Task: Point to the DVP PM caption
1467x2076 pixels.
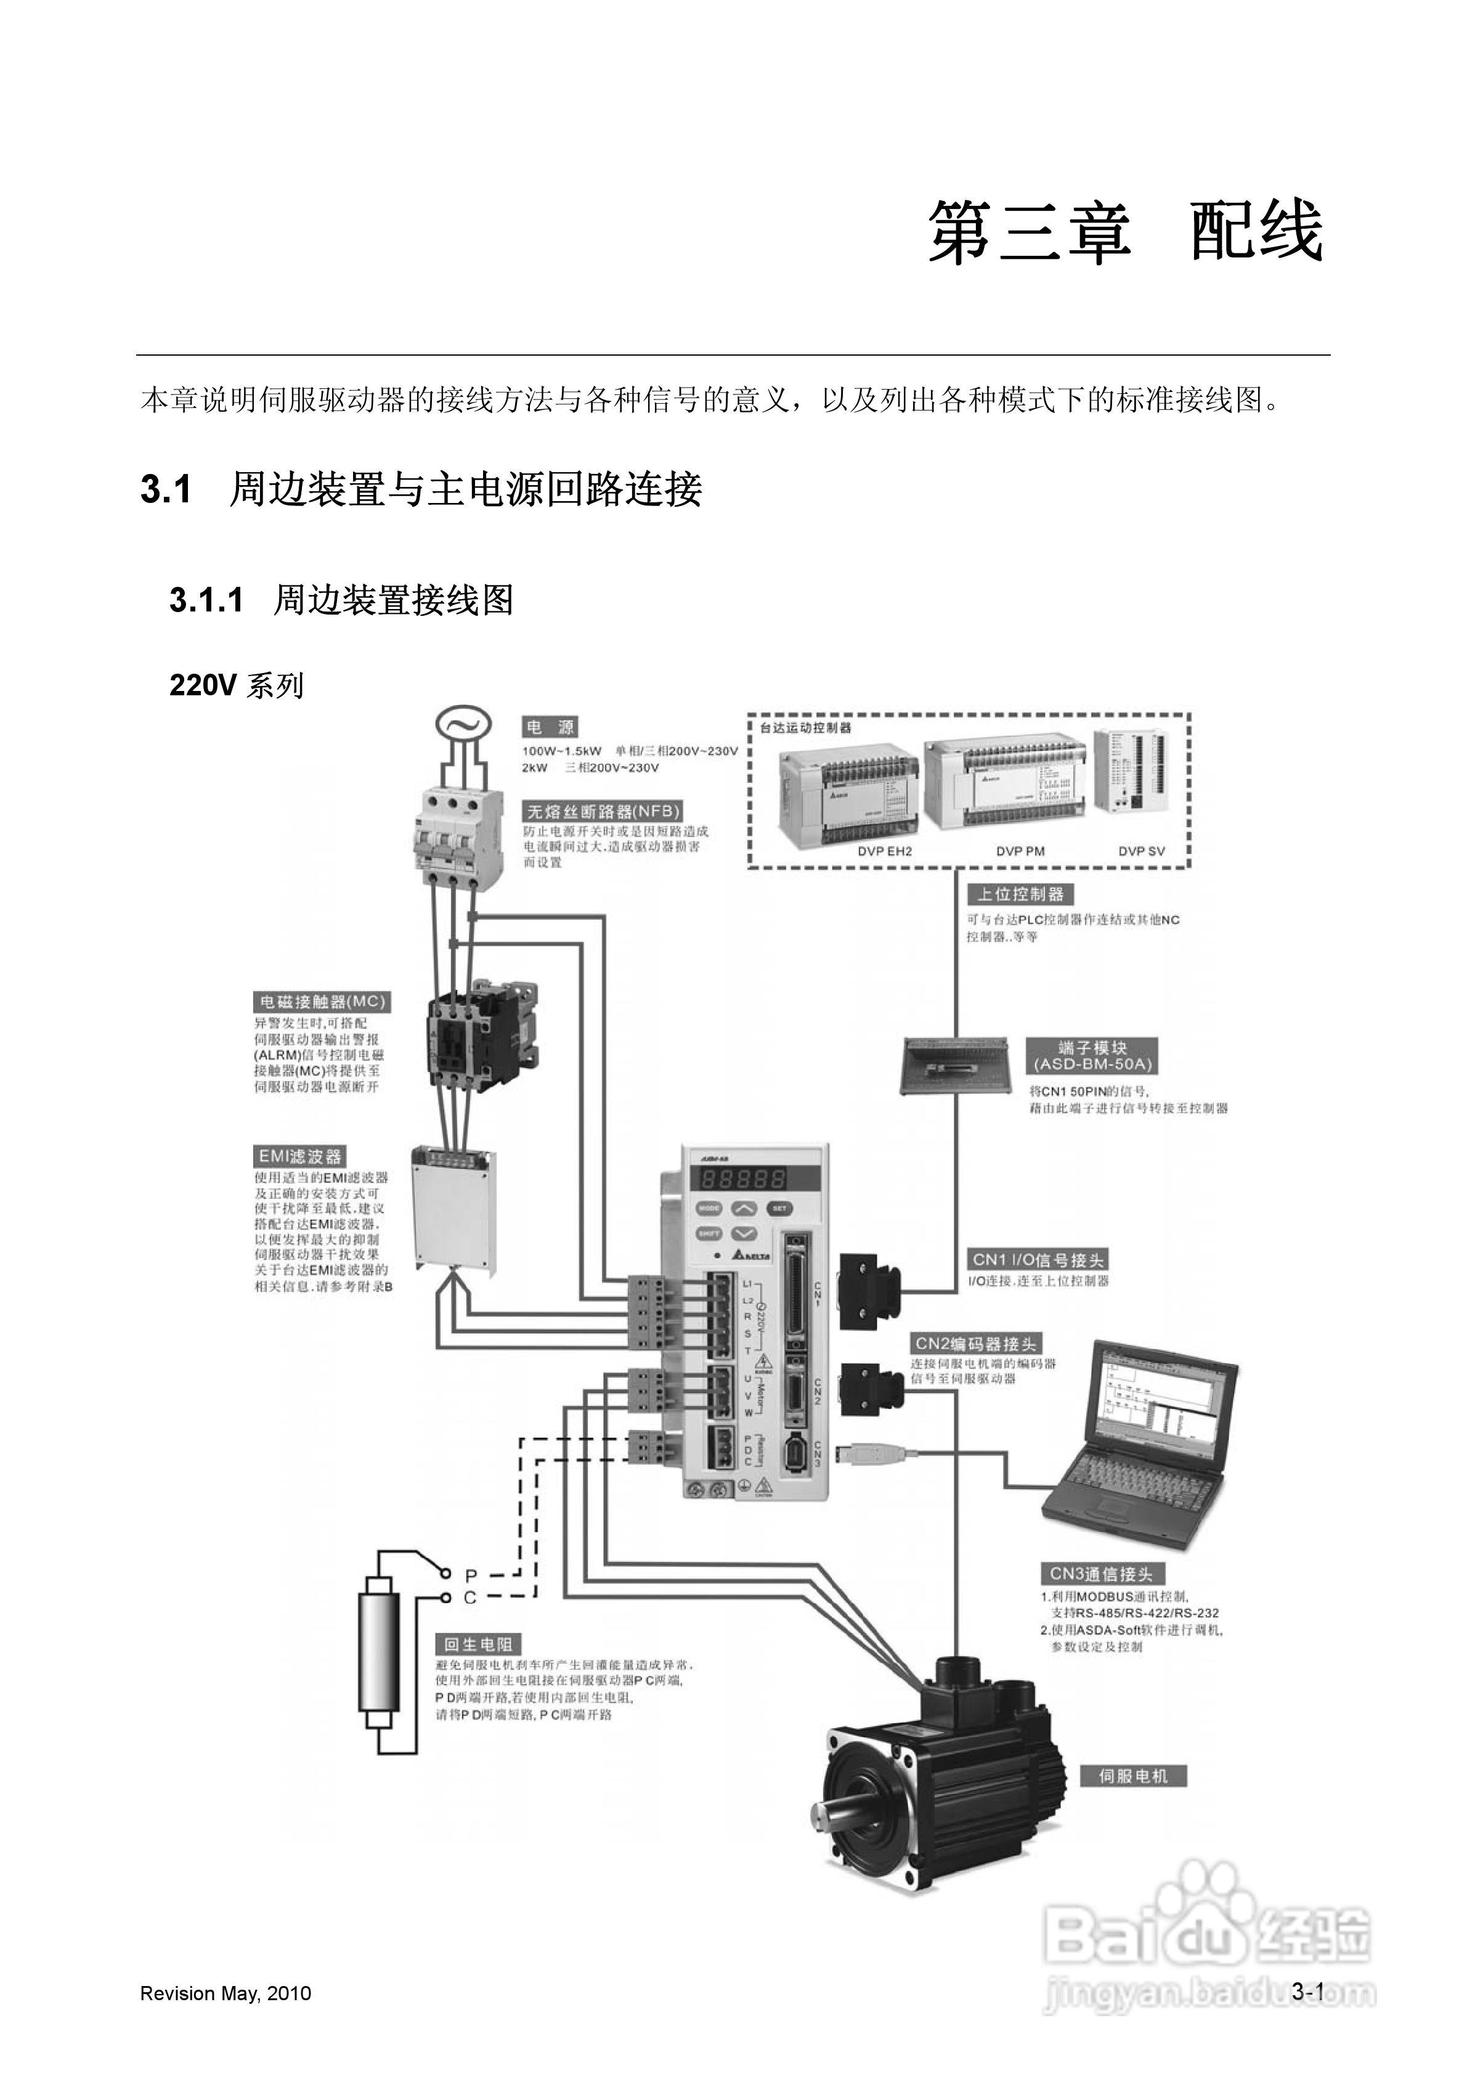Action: [1020, 851]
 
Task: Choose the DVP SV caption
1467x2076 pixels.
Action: [1142, 851]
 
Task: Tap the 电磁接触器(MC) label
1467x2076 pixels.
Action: [321, 1002]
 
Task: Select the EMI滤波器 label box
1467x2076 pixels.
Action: [300, 1156]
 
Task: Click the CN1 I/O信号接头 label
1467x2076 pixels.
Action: [1038, 1259]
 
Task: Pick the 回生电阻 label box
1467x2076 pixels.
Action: [478, 1645]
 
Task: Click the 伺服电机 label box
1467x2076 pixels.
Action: [1132, 1776]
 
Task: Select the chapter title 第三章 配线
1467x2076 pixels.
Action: [1125, 232]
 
